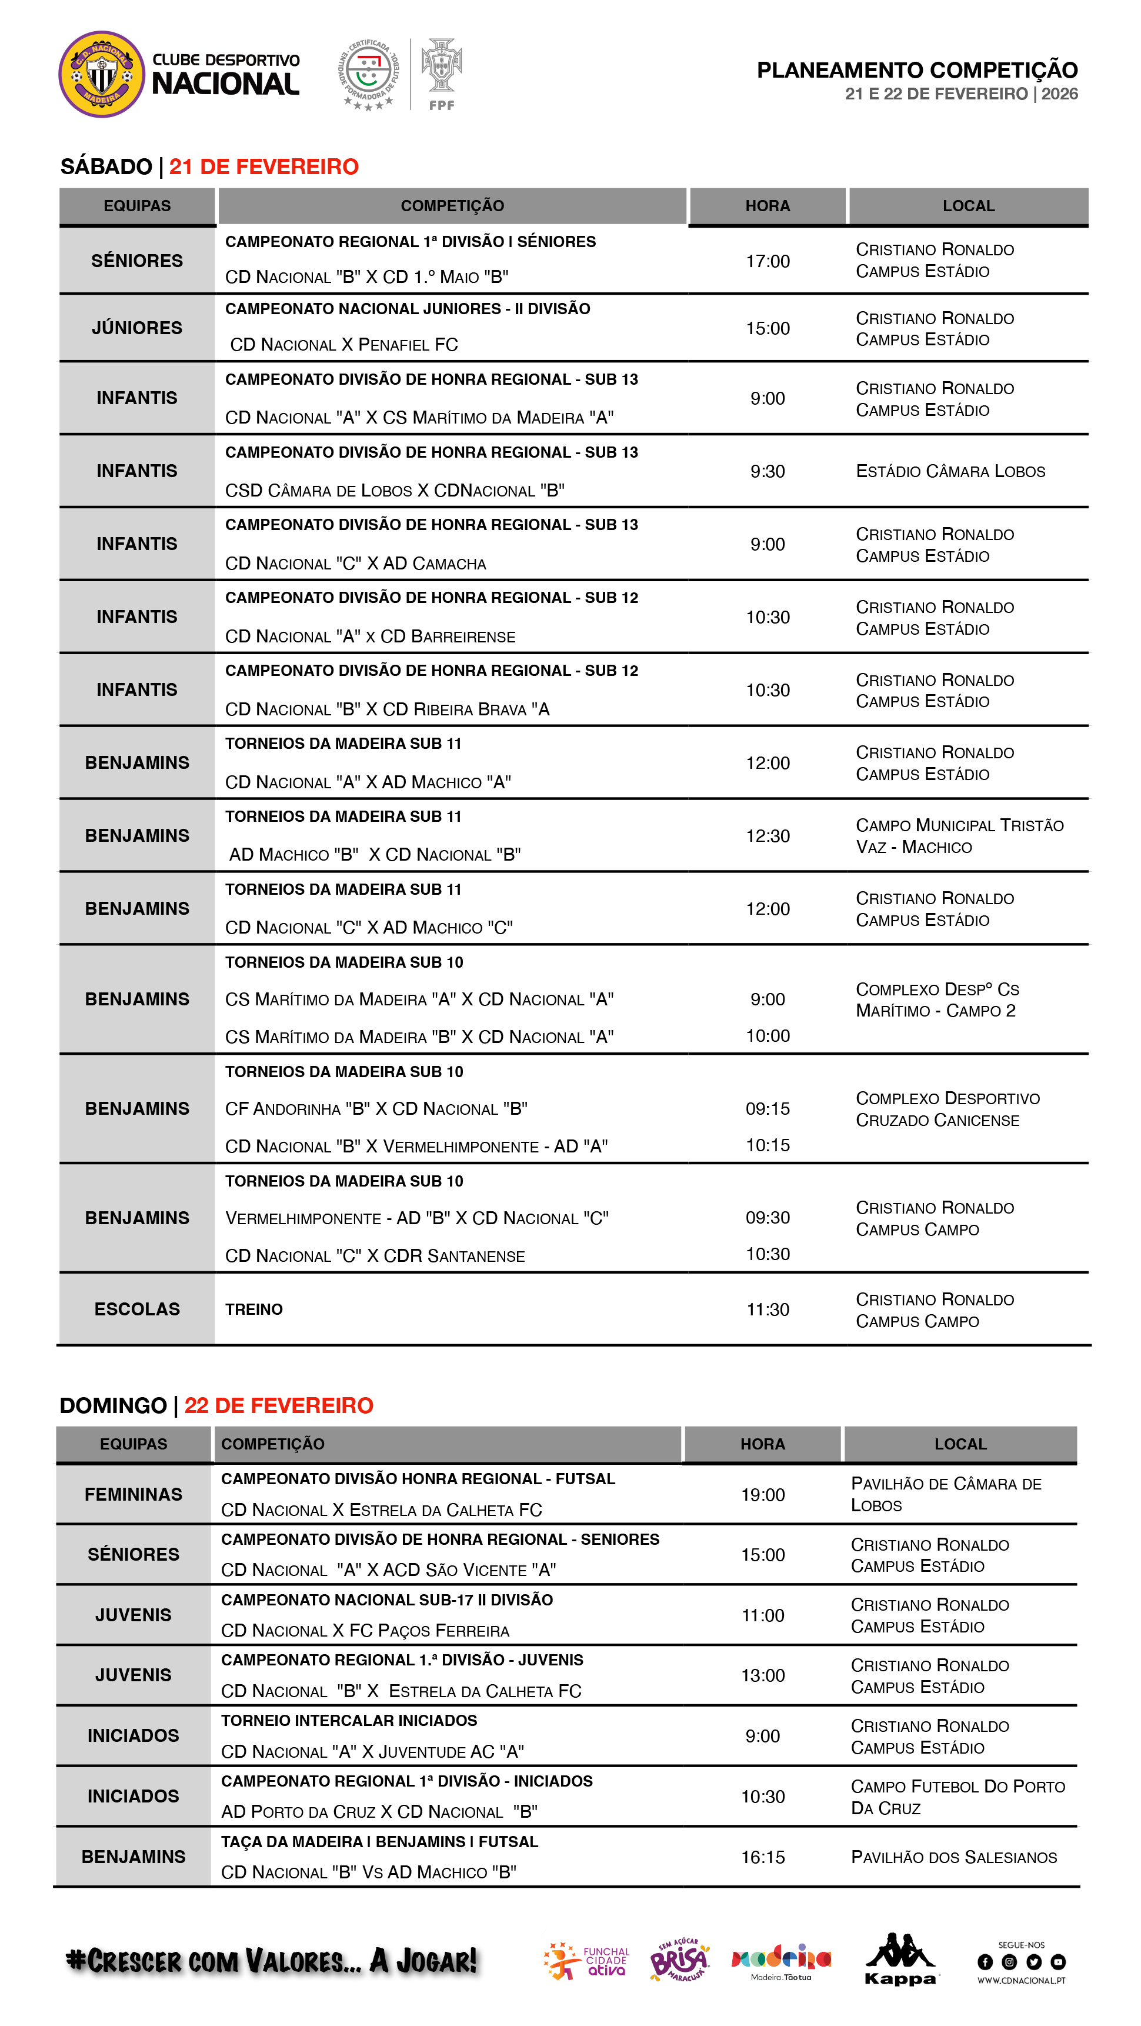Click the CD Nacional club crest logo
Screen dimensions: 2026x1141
(x=101, y=74)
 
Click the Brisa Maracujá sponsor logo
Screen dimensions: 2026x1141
(x=679, y=1960)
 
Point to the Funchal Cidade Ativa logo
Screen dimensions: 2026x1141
(x=586, y=1961)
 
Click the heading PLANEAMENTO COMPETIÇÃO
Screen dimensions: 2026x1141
(x=916, y=70)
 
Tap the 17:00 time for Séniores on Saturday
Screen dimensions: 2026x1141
(x=768, y=261)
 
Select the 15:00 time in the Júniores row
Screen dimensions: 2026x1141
(x=768, y=328)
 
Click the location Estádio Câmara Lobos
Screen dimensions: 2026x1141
(x=950, y=471)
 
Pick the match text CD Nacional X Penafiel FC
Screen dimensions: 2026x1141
(x=343, y=345)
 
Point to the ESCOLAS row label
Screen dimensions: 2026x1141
(x=137, y=1309)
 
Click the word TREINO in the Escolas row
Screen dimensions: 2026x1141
(x=254, y=1309)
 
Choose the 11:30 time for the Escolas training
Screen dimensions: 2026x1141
(x=768, y=1309)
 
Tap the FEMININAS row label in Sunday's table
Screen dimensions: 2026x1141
(x=133, y=1494)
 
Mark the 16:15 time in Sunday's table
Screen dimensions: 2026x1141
(x=763, y=1857)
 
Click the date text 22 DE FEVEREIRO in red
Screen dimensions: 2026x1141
(x=278, y=1405)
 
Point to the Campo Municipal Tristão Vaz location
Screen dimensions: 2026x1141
(x=959, y=836)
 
